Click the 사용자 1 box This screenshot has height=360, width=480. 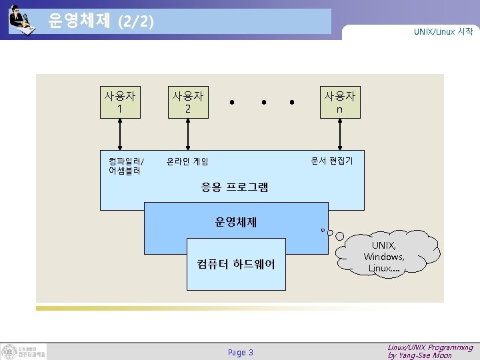pos(119,102)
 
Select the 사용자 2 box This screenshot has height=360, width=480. pos(188,102)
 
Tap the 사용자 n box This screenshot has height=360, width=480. pos(339,102)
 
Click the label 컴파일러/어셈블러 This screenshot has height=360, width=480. pos(125,165)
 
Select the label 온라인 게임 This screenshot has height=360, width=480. pos(187,161)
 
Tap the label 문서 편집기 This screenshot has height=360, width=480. pos(332,161)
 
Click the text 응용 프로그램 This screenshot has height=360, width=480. pos(235,188)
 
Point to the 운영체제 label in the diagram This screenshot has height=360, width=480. pos(236,222)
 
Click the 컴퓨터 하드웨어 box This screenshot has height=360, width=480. pos(236,264)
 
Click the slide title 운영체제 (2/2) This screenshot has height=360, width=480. pos(101,21)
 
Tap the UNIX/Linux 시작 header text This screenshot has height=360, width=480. pos(443,31)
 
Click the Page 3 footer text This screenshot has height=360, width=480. pos(241,352)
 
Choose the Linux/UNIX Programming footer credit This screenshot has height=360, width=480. pos(430,351)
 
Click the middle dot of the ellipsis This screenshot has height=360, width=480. pos(264,103)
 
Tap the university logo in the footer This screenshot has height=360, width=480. pos(24,351)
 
